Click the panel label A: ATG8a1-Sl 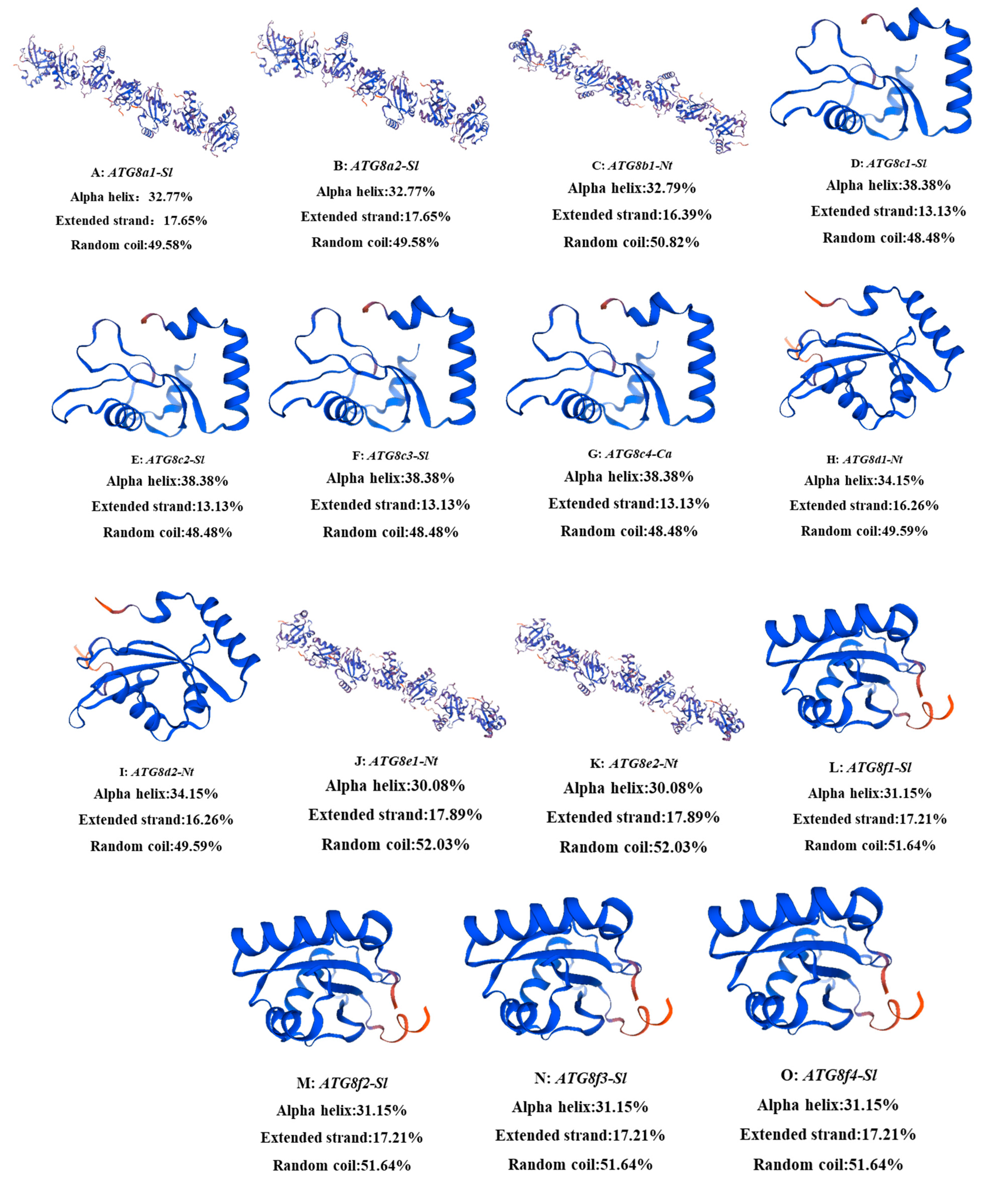(131, 172)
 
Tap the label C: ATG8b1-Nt (632, 166)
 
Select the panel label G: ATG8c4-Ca (630, 454)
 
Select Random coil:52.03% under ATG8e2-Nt (633, 847)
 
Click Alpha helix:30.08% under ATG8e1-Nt (395, 785)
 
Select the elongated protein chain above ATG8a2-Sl (373, 84)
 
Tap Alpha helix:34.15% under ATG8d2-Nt (156, 794)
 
